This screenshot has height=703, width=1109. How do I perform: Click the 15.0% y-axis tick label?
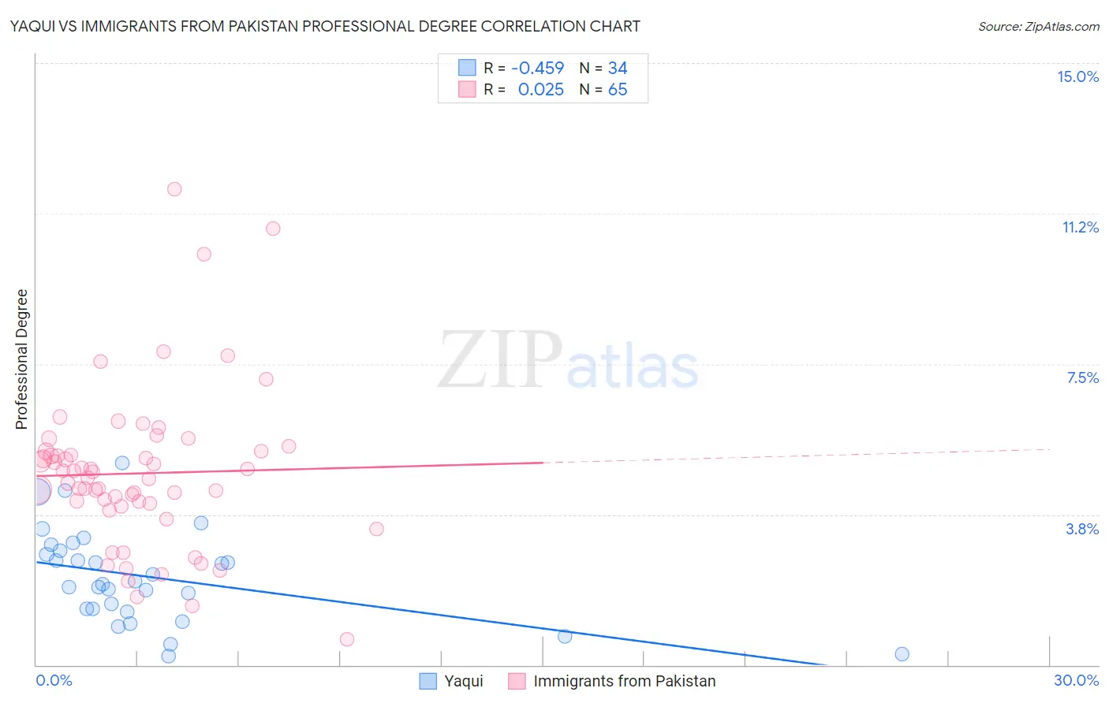pos(1077,76)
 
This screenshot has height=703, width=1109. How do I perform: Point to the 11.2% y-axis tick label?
pos(1080,227)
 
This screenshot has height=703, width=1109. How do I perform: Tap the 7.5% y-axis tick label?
pos(1082,378)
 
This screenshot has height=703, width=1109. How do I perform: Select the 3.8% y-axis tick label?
pos(1082,529)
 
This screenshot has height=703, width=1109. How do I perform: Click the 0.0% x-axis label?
pos(54,680)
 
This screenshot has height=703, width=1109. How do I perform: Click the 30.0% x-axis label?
pos(1076,680)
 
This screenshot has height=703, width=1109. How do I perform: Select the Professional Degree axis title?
pos(21,359)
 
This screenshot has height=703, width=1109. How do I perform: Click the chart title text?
pos(325,26)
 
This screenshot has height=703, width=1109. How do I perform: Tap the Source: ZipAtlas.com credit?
pos(1038,26)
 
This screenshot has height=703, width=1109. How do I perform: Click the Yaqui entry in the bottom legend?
pos(463,681)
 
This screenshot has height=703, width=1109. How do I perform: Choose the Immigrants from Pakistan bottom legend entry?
pos(624,681)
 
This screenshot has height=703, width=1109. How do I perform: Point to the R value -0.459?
pos(537,69)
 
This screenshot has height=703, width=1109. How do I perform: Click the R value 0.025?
pos(540,90)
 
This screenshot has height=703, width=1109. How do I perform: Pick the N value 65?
pos(618,90)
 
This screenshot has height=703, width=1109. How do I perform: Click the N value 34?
pos(618,69)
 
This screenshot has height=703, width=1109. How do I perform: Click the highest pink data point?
pos(174,189)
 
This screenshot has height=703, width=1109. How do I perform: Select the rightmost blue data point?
pos(902,654)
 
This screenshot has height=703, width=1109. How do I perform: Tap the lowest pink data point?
pos(347,639)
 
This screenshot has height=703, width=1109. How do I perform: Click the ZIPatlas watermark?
pos(568,361)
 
